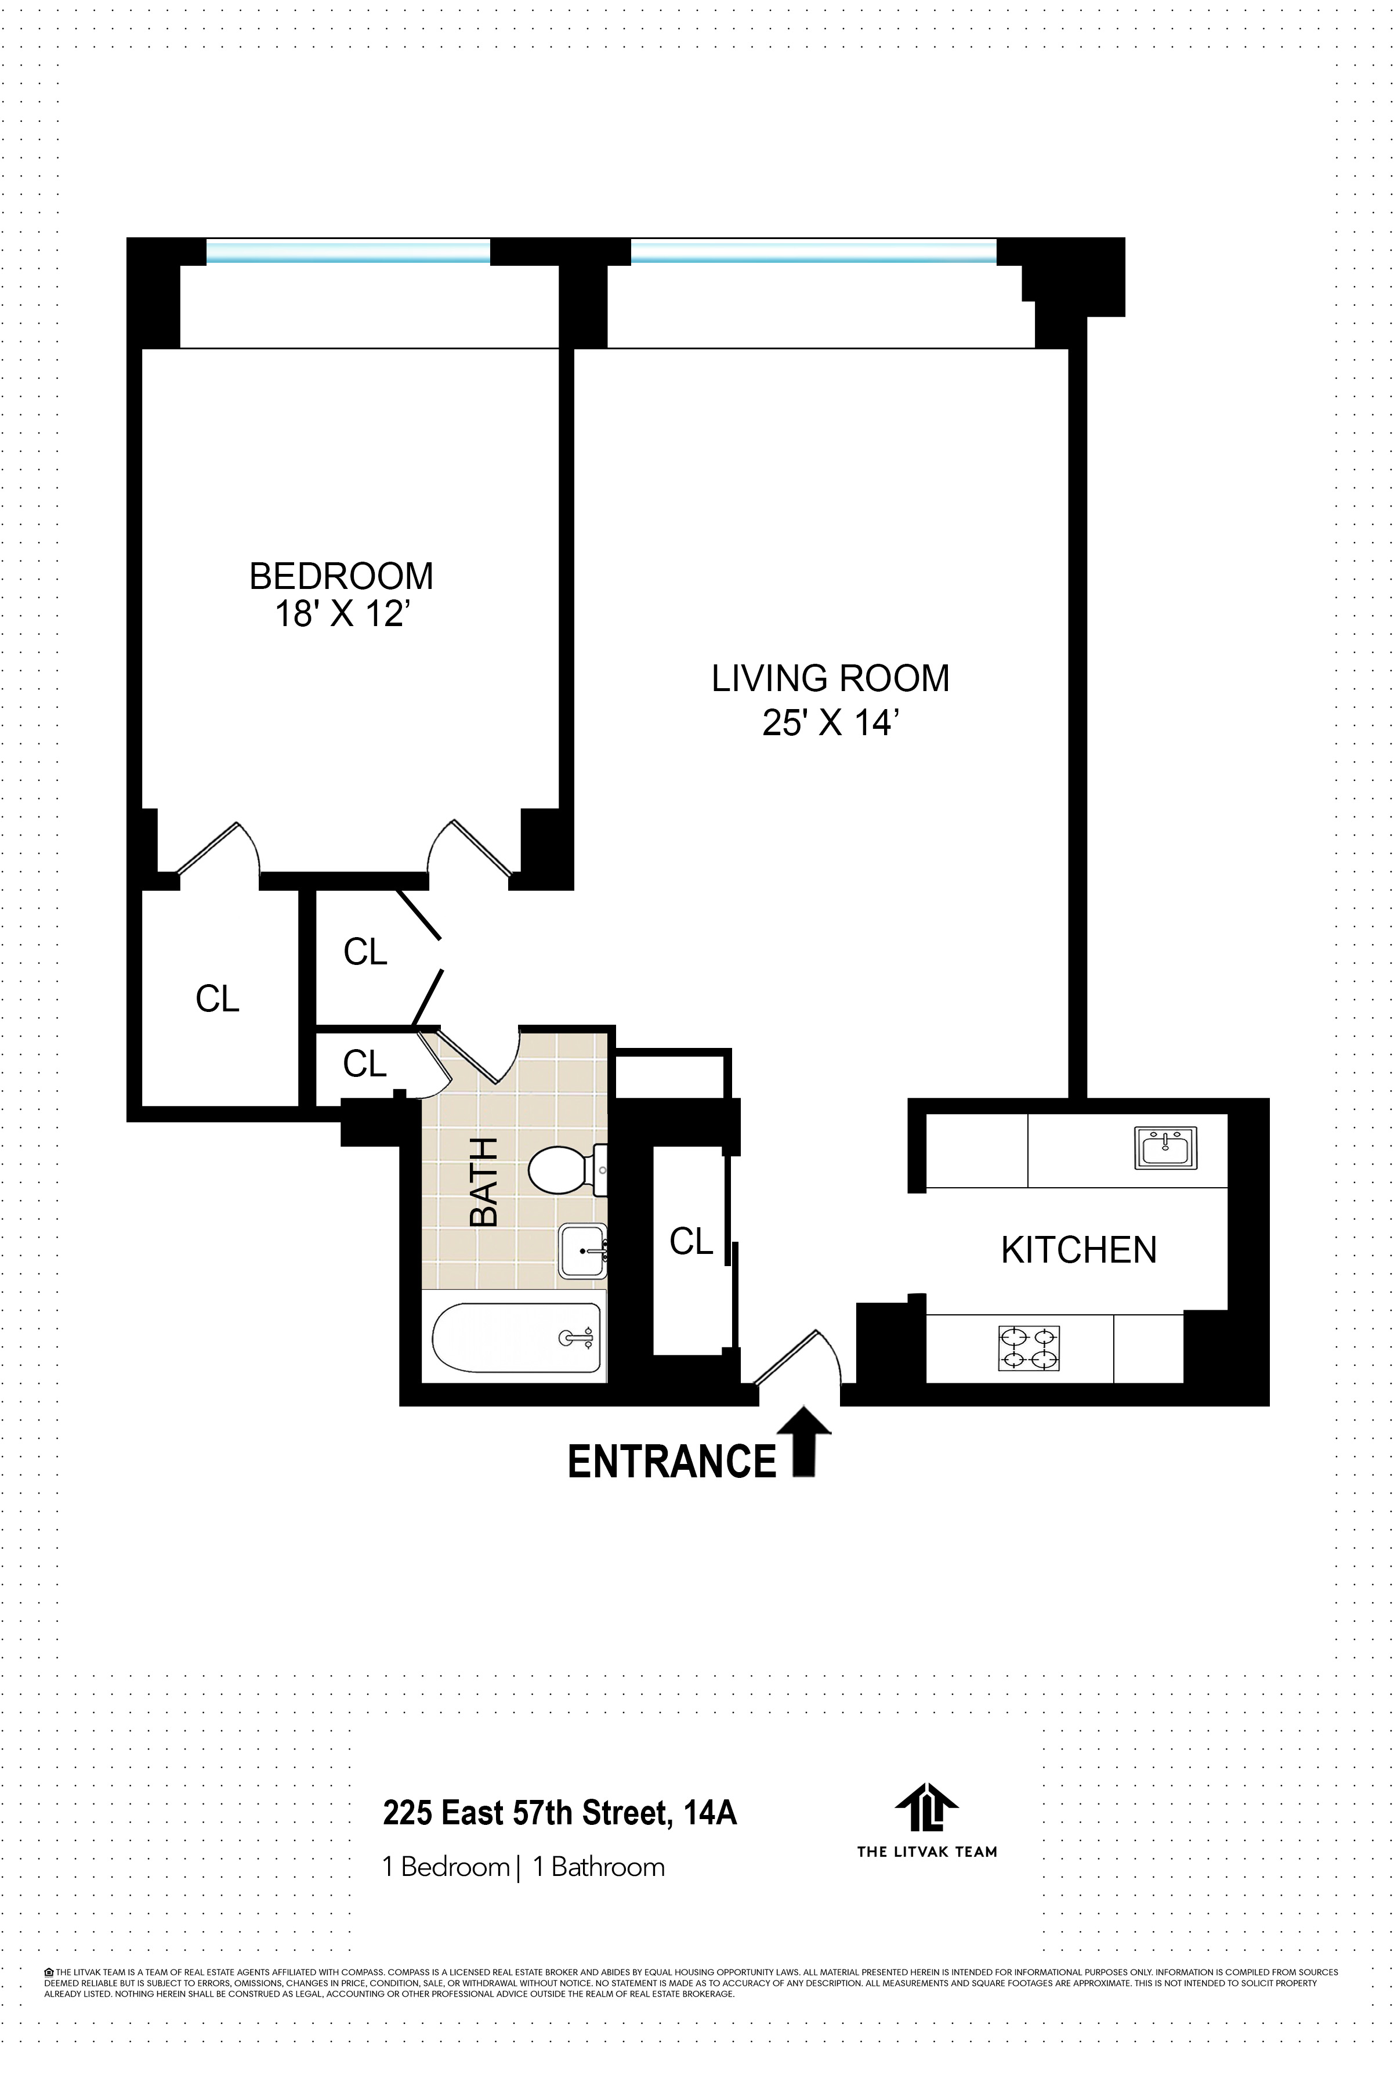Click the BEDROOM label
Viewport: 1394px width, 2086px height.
tap(341, 576)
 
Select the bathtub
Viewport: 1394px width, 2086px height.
tap(516, 1337)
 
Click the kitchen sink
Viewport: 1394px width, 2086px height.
tap(1165, 1148)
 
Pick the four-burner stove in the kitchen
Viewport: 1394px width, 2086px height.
tap(1029, 1348)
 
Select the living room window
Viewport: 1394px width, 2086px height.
tap(813, 252)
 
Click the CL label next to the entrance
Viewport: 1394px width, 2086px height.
tap(691, 1241)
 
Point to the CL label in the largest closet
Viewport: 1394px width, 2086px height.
tap(217, 999)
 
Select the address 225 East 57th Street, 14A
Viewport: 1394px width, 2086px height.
tap(559, 1812)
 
